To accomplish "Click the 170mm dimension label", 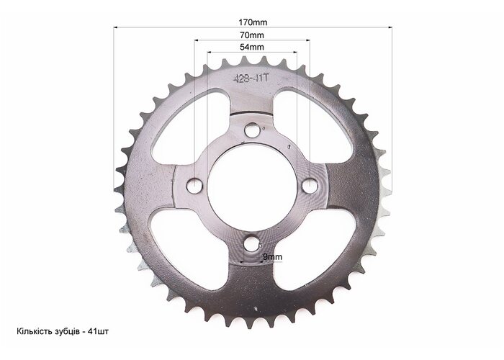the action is (253, 22).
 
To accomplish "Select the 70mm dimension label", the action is (252, 35).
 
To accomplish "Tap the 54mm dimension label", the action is (252, 47).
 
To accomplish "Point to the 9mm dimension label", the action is (273, 257).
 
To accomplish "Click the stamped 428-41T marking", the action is (251, 78).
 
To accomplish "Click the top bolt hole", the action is (252, 130).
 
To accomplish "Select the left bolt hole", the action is (194, 186).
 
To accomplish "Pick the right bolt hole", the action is (310, 186).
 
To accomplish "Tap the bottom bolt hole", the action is (252, 243).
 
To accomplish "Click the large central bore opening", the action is (252, 188).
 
